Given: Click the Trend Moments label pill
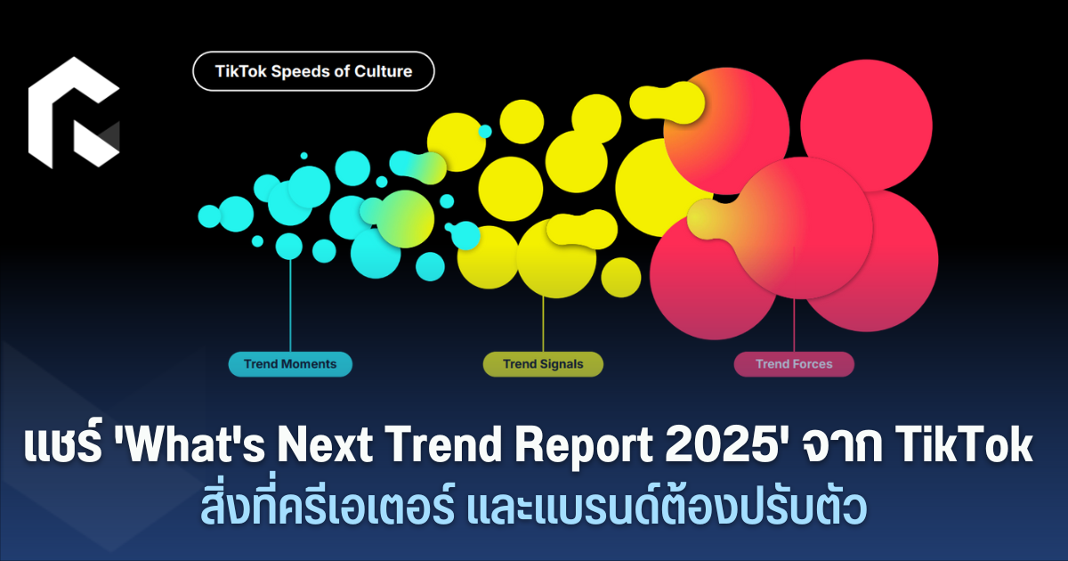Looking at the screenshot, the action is click(x=290, y=364).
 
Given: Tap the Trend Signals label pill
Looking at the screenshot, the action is click(x=543, y=364).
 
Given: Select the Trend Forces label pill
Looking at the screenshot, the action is click(x=794, y=364).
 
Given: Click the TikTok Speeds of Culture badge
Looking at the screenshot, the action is click(x=313, y=71).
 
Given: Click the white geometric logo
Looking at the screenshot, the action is click(x=74, y=112).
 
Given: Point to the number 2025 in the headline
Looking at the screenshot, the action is click(x=720, y=444).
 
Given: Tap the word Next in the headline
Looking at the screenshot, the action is click(x=325, y=444).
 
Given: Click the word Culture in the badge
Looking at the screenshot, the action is click(x=384, y=71).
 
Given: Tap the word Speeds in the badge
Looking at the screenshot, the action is click(x=300, y=72).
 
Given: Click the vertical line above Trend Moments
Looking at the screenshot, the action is click(x=290, y=305).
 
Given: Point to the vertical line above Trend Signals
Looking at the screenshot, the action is click(x=543, y=324).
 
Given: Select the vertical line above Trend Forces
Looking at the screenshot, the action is click(x=794, y=325).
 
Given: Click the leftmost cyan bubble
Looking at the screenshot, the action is click(x=209, y=216).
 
